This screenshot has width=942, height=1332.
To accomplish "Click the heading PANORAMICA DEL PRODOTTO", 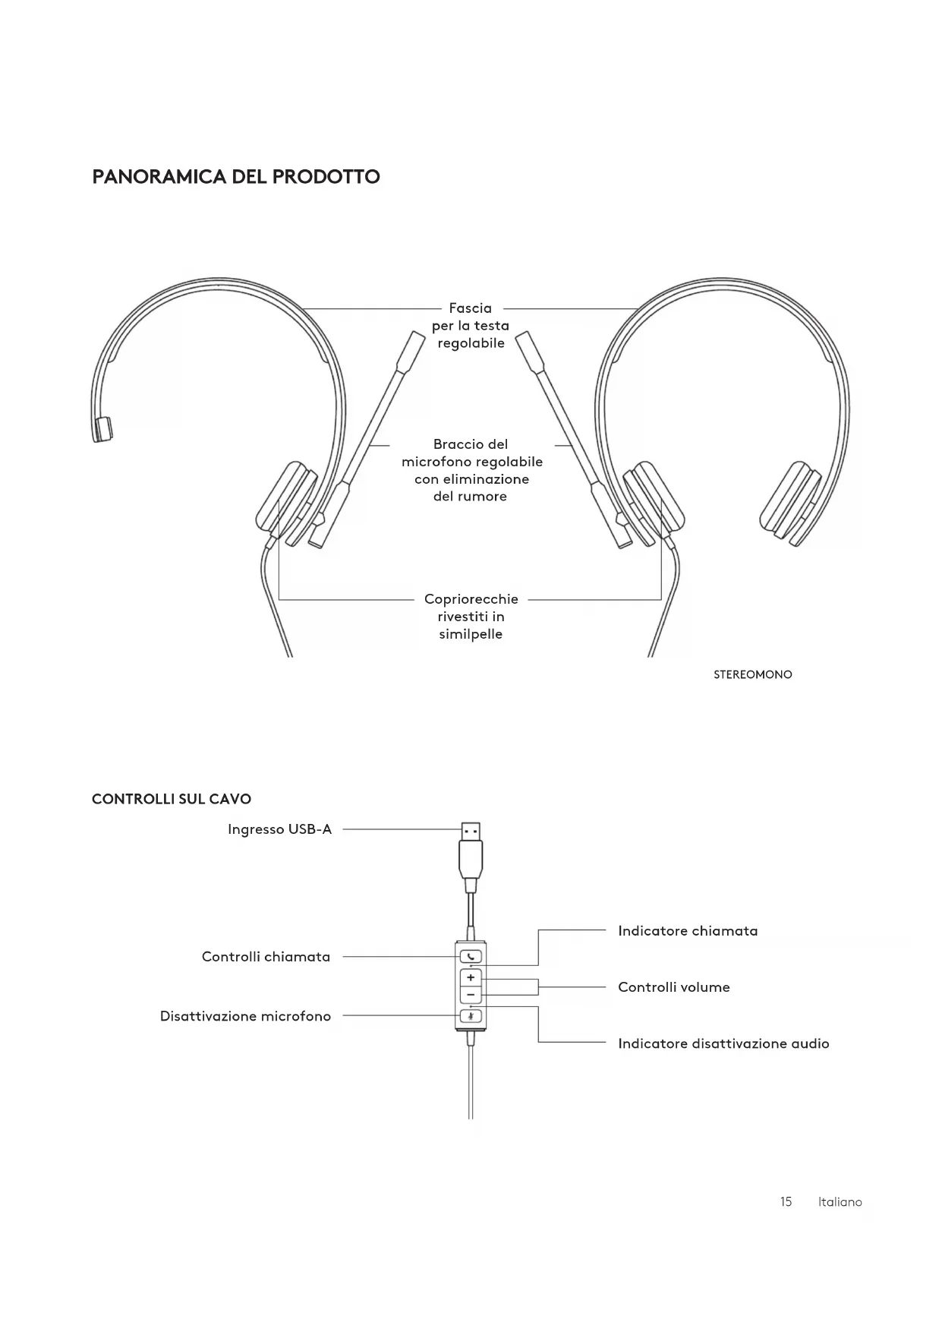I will pyautogui.click(x=236, y=177).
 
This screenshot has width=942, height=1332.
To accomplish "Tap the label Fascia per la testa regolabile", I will pyautogui.click(x=471, y=326).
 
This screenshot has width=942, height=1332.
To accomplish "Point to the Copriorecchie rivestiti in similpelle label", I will pyautogui.click(x=471, y=617).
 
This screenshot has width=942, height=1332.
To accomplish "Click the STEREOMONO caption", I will pyautogui.click(x=752, y=674).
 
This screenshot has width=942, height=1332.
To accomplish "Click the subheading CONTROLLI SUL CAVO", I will pyautogui.click(x=172, y=799).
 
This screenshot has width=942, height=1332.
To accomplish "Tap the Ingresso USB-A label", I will pyautogui.click(x=279, y=829).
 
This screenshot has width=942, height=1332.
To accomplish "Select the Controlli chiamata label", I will pyautogui.click(x=266, y=957).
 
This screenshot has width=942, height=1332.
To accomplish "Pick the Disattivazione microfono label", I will pyautogui.click(x=245, y=1016).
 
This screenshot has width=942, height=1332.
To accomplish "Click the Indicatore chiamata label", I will pyautogui.click(x=688, y=931).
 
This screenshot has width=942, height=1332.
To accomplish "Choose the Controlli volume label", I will pyautogui.click(x=674, y=987).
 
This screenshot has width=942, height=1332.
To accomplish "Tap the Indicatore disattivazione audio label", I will pyautogui.click(x=723, y=1043).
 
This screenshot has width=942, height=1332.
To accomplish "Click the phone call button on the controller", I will pyautogui.click(x=471, y=957).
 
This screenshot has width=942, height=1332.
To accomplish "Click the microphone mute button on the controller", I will pyautogui.click(x=471, y=1016).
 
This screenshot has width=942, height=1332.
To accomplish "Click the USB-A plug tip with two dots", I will pyautogui.click(x=471, y=832).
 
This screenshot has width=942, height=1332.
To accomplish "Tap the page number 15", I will pyautogui.click(x=786, y=1202).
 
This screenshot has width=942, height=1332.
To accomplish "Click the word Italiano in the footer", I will pyautogui.click(x=840, y=1202).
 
